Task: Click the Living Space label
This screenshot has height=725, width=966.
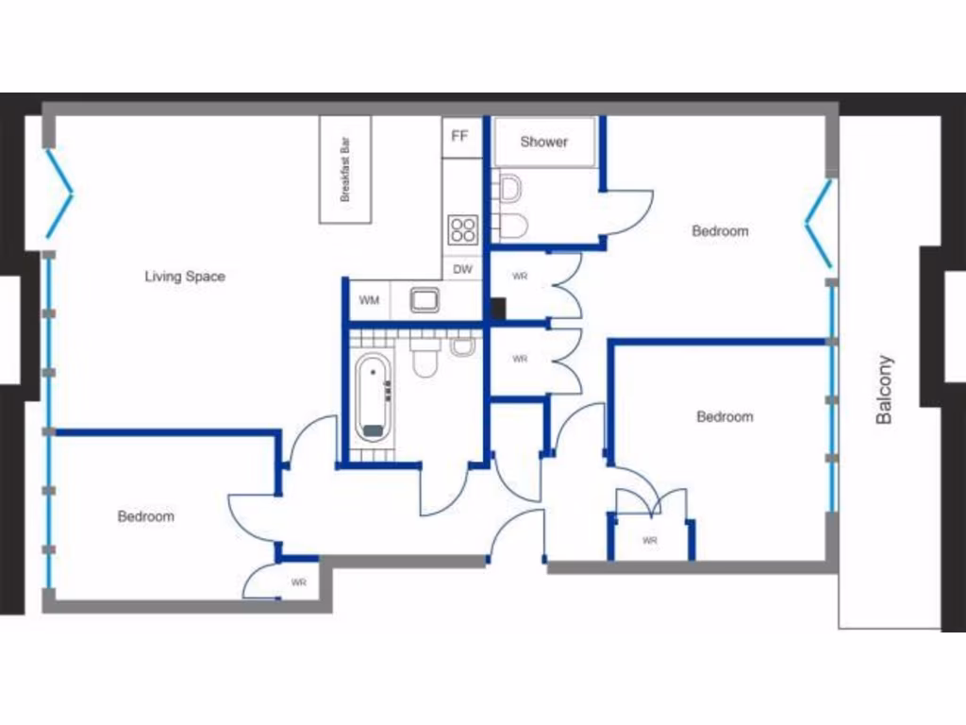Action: tap(185, 277)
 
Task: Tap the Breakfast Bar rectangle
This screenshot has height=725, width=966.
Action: tap(345, 170)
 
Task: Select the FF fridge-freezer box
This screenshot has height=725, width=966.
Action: tap(459, 137)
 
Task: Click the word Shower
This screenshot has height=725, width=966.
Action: tap(544, 142)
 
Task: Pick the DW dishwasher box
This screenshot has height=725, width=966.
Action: tap(462, 269)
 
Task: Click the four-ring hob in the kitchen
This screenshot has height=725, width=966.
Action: tap(463, 228)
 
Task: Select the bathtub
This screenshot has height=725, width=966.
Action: tap(374, 396)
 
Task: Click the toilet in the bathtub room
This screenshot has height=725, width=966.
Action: tap(425, 356)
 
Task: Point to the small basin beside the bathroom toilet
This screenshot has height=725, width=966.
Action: tap(462, 346)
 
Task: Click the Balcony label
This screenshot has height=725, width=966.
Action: tap(884, 389)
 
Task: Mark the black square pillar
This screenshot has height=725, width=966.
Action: tap(497, 309)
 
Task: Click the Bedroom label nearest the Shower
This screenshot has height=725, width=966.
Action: tap(720, 231)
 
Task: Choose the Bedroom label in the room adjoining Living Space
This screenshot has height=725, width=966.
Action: tap(145, 516)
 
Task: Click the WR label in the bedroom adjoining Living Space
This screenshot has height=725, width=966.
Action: tap(299, 582)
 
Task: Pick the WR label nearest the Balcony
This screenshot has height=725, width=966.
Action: tap(649, 541)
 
